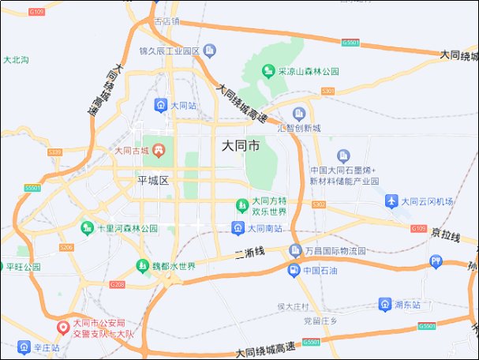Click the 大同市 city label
click(241, 146)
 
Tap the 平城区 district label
click(154, 181)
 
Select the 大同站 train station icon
click(160, 104)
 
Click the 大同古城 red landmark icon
click(159, 150)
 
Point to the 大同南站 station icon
click(238, 228)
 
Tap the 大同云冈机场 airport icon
click(391, 201)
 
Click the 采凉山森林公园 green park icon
click(268, 71)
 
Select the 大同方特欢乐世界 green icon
click(242, 207)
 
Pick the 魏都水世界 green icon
click(143, 266)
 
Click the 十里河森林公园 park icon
click(87, 228)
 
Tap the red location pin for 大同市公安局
click(63, 327)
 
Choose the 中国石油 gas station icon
click(294, 271)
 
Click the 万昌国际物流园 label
click(336, 252)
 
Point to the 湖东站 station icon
click(384, 303)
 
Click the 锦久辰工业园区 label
click(169, 51)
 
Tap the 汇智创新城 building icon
click(299, 114)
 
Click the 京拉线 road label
click(445, 234)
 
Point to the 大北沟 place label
click(16, 60)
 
